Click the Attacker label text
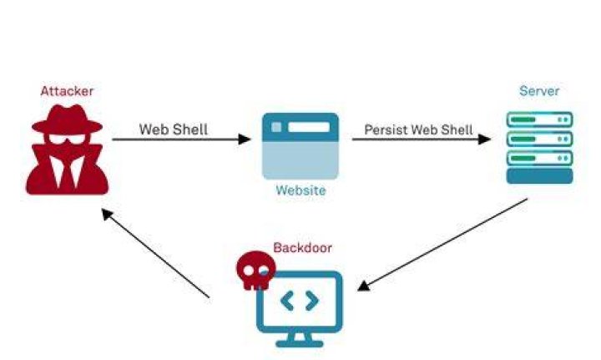tap(67, 91)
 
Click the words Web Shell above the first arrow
tap(174, 129)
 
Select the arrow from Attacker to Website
tap(182, 139)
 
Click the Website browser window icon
tap(300, 146)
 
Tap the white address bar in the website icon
tap(309, 127)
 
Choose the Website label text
tap(300, 190)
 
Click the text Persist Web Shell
tap(418, 130)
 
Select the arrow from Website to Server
tap(422, 139)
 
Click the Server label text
tap(539, 91)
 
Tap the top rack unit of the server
tap(540, 119)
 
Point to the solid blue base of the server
tap(540, 176)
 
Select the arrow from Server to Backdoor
tap(442, 245)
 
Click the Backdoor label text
tap(302, 248)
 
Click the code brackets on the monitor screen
tap(300, 301)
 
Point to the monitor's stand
tap(300, 340)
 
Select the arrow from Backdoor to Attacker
tap(155, 253)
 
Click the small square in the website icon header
tap(276, 127)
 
